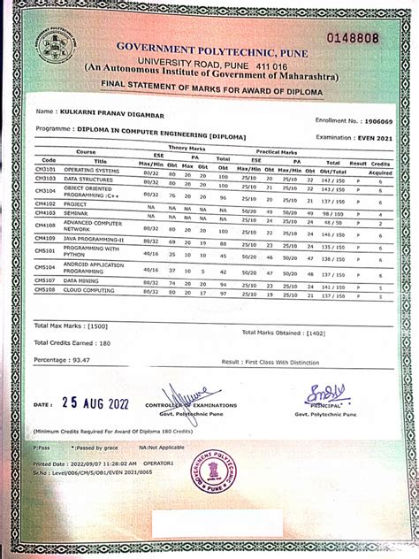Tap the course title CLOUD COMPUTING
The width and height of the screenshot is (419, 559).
coord(89,290)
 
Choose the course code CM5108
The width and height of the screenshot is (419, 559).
coord(45,290)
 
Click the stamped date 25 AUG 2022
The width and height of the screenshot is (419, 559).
coord(95,403)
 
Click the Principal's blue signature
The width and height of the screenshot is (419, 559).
coord(324,393)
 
